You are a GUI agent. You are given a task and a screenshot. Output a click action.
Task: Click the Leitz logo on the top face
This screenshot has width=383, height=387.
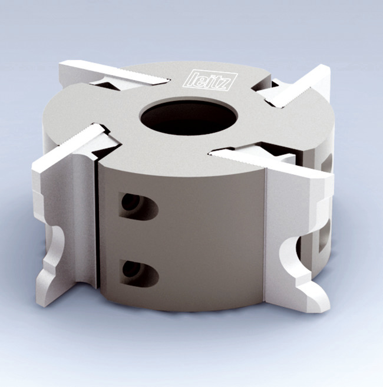point(212,80)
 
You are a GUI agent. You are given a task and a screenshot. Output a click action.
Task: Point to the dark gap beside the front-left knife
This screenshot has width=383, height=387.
point(94,224)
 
